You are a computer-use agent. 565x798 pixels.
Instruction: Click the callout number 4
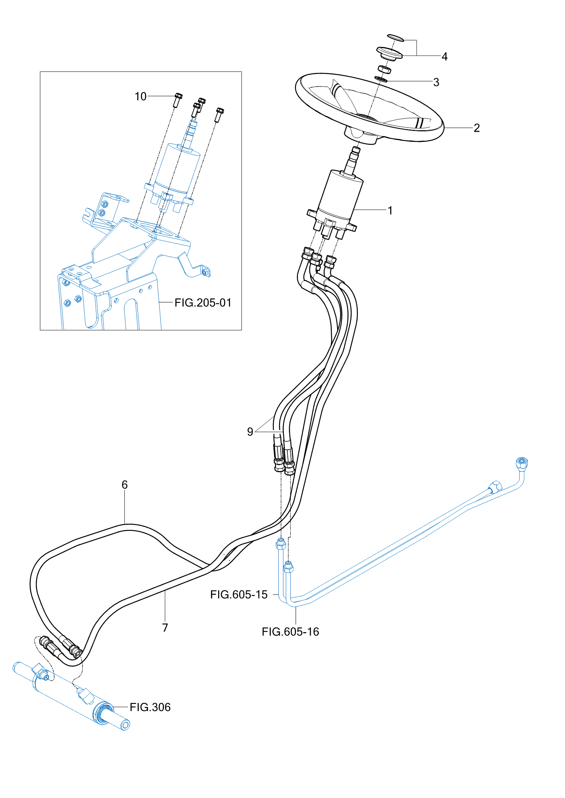(444, 57)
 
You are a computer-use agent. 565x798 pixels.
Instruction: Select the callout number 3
(436, 82)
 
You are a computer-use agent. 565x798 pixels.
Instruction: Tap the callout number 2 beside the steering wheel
(476, 128)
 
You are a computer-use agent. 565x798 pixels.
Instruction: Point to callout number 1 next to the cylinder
(390, 210)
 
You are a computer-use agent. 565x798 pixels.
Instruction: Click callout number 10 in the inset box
(140, 97)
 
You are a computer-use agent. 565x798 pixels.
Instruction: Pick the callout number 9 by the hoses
(250, 432)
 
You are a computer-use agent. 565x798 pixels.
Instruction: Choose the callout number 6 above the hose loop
(125, 485)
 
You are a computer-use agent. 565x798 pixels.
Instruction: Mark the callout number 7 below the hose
(165, 628)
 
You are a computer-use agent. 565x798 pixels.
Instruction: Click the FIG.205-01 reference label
(203, 302)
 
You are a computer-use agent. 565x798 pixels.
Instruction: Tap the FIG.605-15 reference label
(239, 594)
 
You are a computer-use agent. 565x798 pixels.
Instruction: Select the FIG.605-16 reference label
(290, 632)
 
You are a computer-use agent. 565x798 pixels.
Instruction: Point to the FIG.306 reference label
(150, 707)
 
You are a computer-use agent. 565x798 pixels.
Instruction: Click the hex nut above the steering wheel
(384, 70)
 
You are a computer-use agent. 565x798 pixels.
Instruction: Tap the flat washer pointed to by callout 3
(380, 79)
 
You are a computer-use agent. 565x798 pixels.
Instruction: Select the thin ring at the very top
(395, 38)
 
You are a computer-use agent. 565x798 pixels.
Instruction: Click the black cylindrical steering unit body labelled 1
(339, 196)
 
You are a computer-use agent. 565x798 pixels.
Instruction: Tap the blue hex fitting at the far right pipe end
(522, 463)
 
